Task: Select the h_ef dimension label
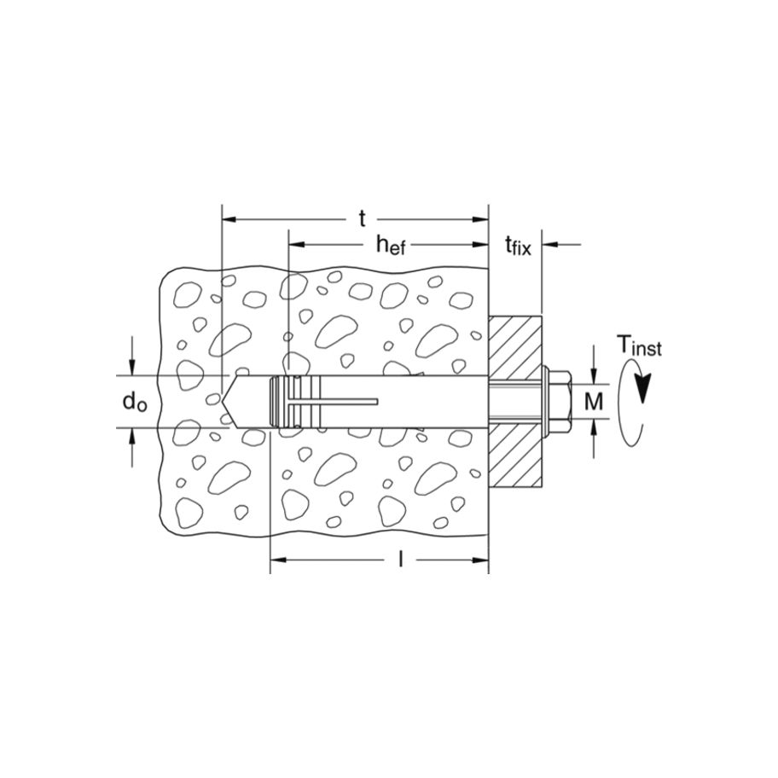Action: point(391,246)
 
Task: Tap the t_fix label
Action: point(517,247)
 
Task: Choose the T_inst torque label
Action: point(639,346)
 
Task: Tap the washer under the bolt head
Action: point(546,401)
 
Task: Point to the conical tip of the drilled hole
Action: point(231,401)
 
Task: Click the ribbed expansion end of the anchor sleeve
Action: point(285,401)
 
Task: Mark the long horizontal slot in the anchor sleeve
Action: point(341,401)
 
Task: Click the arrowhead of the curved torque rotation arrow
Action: point(646,388)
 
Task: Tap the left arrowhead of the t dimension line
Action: point(229,219)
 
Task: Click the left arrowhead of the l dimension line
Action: point(277,560)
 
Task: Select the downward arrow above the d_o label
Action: point(133,368)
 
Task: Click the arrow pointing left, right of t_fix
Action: point(549,246)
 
